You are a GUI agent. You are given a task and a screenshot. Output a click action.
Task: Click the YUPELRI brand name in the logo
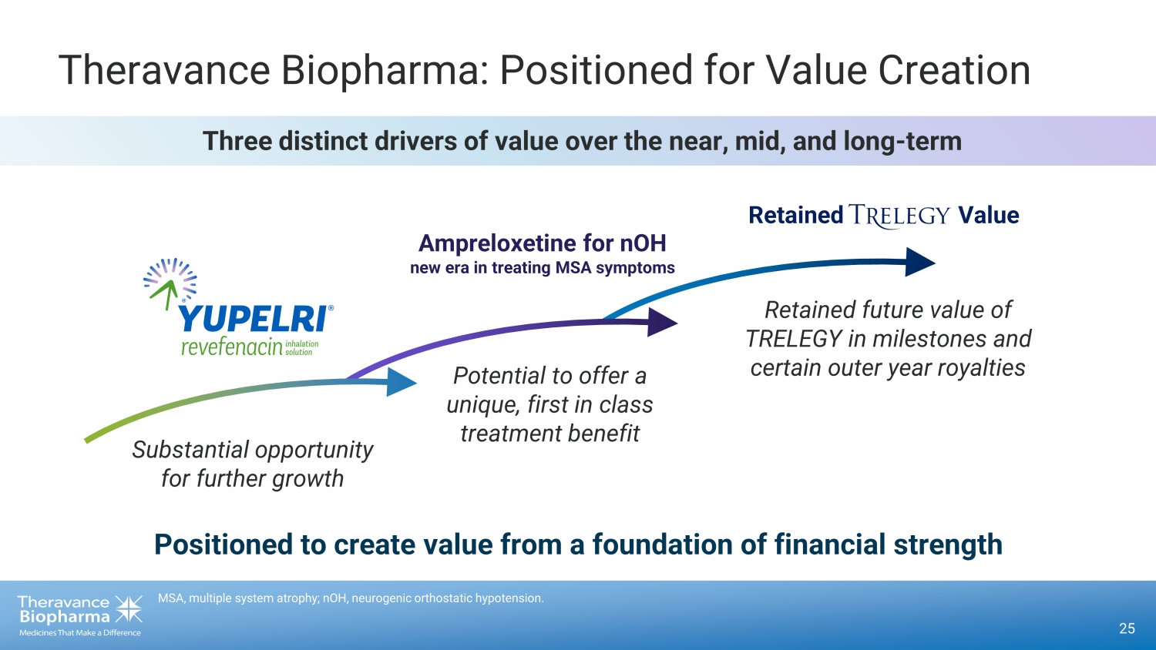[254, 318]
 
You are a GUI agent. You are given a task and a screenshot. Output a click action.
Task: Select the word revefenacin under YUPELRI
[232, 347]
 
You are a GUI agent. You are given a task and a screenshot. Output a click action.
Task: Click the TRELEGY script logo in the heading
[899, 216]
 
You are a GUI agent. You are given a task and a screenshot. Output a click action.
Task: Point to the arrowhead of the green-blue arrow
[401, 382]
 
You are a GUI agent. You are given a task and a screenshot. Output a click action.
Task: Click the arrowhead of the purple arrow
[662, 323]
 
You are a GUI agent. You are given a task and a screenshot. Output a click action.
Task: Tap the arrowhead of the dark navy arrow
[920, 262]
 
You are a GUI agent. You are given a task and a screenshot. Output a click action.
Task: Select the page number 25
[1127, 628]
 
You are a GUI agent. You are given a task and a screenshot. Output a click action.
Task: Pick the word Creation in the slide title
[954, 70]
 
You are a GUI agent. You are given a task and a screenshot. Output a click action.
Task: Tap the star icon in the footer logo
[128, 609]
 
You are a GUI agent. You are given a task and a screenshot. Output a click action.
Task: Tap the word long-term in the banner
[902, 142]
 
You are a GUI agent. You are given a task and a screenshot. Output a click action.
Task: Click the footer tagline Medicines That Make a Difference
[80, 632]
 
